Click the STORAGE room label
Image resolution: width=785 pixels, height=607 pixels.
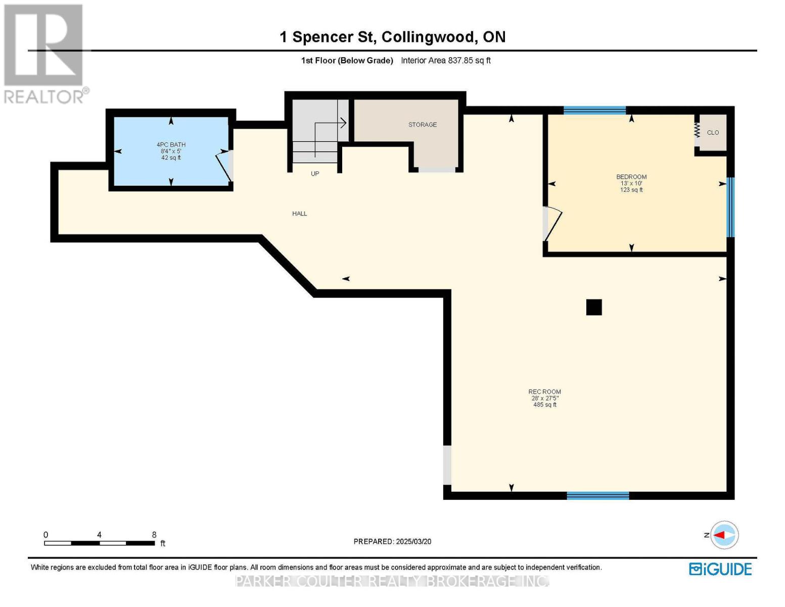[422, 125]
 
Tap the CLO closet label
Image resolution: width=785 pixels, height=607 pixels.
[713, 133]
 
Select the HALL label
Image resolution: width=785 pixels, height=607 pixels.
[299, 213]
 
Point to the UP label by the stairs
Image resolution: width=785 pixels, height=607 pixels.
[315, 174]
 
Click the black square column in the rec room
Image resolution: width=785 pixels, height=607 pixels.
[594, 308]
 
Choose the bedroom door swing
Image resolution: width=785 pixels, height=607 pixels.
[552, 224]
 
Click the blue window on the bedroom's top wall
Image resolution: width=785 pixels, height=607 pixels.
[594, 110]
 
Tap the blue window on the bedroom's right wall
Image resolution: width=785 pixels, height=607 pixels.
[730, 207]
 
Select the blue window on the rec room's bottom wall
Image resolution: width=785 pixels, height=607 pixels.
[598, 496]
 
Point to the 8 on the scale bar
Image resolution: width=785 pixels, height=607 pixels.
[154, 535]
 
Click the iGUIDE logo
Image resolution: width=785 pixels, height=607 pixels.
[721, 570]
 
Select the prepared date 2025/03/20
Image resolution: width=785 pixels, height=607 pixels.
[413, 542]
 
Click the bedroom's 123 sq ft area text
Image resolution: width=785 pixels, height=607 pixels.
[631, 190]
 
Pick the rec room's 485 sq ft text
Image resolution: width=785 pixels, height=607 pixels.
[545, 405]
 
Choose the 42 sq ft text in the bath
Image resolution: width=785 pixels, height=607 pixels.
[171, 158]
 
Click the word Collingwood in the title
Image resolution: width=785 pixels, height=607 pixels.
[428, 37]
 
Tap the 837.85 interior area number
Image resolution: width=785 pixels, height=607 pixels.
[460, 60]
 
